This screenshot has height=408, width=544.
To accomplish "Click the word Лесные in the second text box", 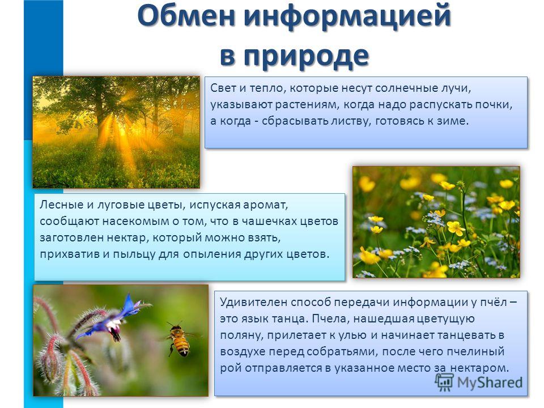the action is click(x=61, y=205).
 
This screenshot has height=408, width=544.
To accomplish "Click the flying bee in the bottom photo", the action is click(x=178, y=339).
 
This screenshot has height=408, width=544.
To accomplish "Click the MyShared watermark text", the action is click(x=490, y=382).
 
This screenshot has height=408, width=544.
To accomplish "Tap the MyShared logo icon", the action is click(x=444, y=382).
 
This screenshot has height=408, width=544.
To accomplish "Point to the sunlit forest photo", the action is click(x=116, y=132).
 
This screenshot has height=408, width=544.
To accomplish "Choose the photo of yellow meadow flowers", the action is click(x=436, y=222).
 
